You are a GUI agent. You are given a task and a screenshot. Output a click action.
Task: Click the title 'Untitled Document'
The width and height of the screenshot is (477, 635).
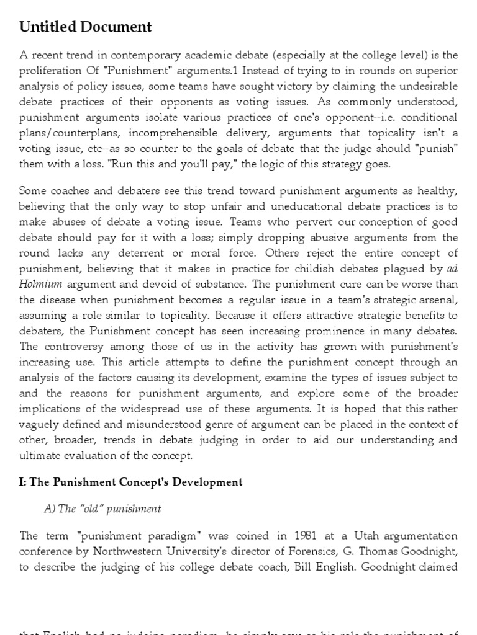tap(86, 27)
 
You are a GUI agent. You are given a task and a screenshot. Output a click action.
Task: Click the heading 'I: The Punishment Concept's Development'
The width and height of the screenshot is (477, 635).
tap(131, 482)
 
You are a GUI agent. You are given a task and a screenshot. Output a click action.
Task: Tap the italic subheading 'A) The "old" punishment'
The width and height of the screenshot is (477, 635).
tap(102, 508)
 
